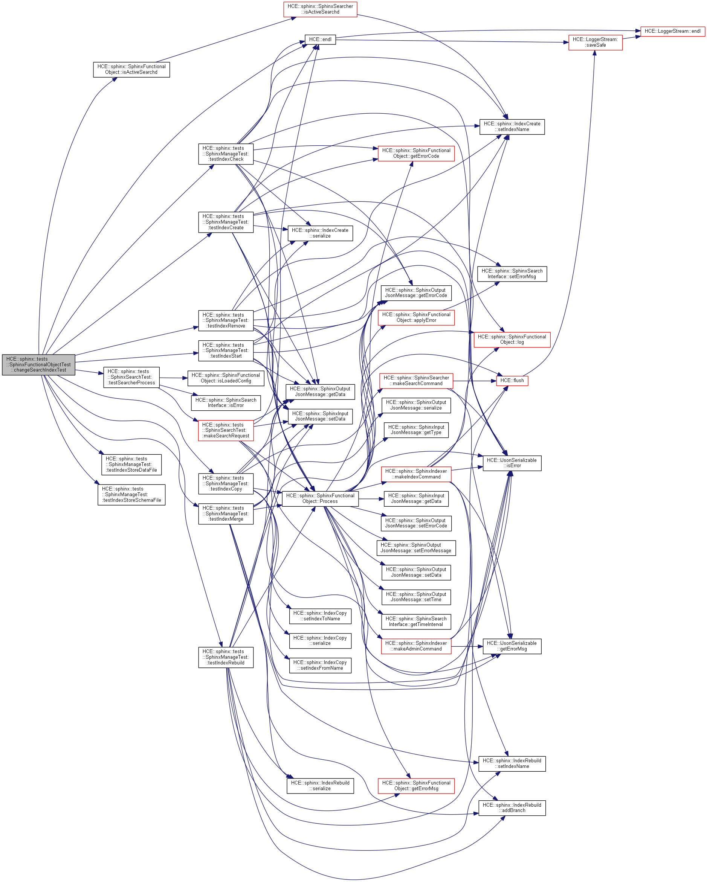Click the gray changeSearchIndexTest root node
coord(38,364)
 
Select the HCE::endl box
coord(320,40)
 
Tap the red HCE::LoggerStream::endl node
coord(672,31)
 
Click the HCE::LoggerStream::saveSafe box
coord(595,43)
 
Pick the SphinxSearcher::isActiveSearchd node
coord(320,9)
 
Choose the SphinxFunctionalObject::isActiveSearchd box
coord(131,70)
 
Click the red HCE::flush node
coord(512,381)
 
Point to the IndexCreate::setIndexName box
coord(512,127)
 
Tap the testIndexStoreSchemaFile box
coord(131,495)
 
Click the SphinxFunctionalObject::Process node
coord(320,498)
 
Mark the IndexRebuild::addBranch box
coord(512,807)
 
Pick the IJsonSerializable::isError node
coord(512,463)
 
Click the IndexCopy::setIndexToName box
coord(320,616)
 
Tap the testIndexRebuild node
coord(226,657)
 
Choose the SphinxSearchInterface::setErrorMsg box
coord(512,274)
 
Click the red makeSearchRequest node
coord(226,430)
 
